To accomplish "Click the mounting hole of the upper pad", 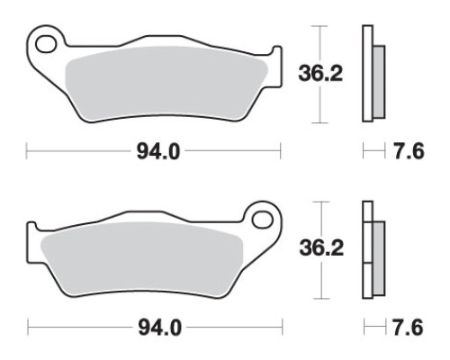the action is pyautogui.click(x=46, y=44).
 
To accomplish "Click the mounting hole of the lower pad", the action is pyautogui.click(x=263, y=220).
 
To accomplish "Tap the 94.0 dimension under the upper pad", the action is pyautogui.click(x=158, y=152).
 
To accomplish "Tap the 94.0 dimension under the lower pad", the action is pyautogui.click(x=159, y=328).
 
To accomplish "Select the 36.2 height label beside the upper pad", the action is pyautogui.click(x=320, y=74).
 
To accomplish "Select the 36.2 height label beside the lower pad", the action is pyautogui.click(x=321, y=248).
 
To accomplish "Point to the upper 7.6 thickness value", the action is pyautogui.click(x=409, y=151).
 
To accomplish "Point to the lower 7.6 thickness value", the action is pyautogui.click(x=408, y=328).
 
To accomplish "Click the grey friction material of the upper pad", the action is pyautogui.click(x=166, y=84).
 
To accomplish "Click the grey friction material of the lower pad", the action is pyautogui.click(x=141, y=260).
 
